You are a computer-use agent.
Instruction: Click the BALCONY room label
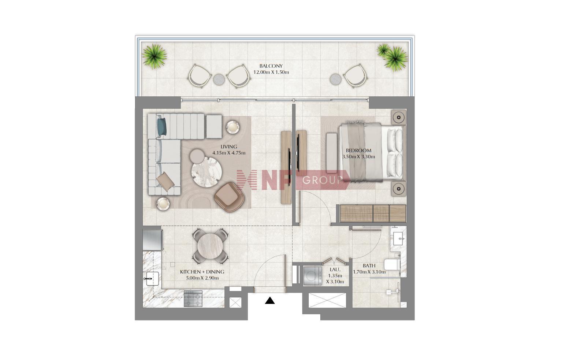(271, 66)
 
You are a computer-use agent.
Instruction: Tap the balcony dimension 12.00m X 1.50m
(271, 72)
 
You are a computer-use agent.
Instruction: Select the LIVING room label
(228, 147)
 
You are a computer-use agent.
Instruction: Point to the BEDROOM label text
(358, 151)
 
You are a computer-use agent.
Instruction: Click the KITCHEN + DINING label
(202, 272)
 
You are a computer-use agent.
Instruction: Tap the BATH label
(369, 266)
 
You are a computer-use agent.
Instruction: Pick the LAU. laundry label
(335, 270)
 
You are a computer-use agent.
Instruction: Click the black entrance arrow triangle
(269, 301)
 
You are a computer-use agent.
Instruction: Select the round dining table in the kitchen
(210, 246)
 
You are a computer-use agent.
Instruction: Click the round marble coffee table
(206, 172)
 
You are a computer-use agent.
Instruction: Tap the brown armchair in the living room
(229, 197)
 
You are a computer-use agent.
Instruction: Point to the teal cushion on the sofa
(162, 127)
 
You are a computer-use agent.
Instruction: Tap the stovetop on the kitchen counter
(193, 298)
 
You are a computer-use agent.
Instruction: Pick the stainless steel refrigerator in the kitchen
(153, 240)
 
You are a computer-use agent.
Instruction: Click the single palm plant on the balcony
(155, 56)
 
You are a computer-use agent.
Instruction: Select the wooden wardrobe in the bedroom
(373, 213)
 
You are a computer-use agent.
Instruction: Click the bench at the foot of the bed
(332, 153)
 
